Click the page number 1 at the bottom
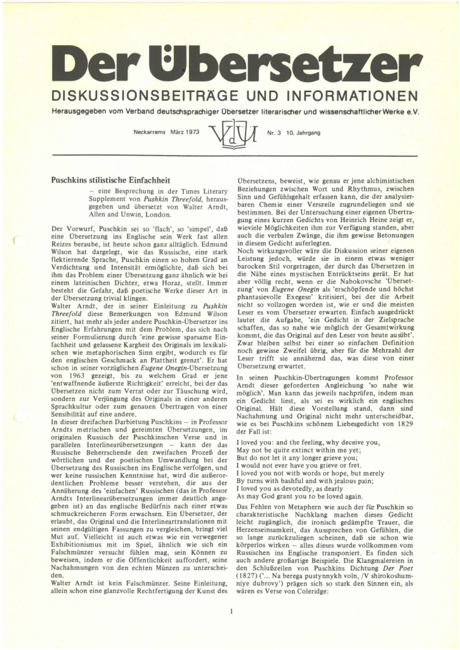coord(232,612)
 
